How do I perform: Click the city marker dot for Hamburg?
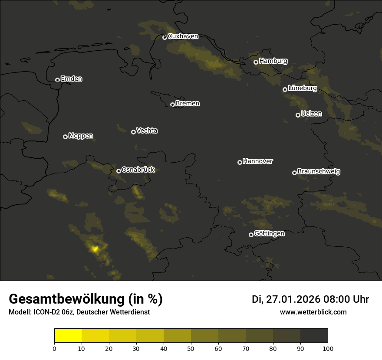(256, 62)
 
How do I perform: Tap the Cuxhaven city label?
(183, 36)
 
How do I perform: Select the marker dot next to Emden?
(57, 80)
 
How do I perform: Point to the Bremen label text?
(188, 104)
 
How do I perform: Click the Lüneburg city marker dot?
(285, 89)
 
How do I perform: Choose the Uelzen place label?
(311, 114)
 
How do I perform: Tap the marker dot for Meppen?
(65, 137)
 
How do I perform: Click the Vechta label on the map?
(147, 131)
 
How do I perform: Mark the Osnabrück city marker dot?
(119, 171)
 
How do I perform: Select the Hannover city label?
(258, 161)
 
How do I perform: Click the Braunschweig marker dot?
(294, 173)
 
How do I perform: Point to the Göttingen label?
(269, 234)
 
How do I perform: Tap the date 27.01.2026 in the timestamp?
(291, 299)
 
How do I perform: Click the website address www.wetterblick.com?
(313, 312)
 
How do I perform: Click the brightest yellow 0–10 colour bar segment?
(68, 335)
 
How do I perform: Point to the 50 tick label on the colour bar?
(191, 348)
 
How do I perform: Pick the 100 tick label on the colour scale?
(328, 348)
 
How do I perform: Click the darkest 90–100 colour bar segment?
(314, 335)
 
